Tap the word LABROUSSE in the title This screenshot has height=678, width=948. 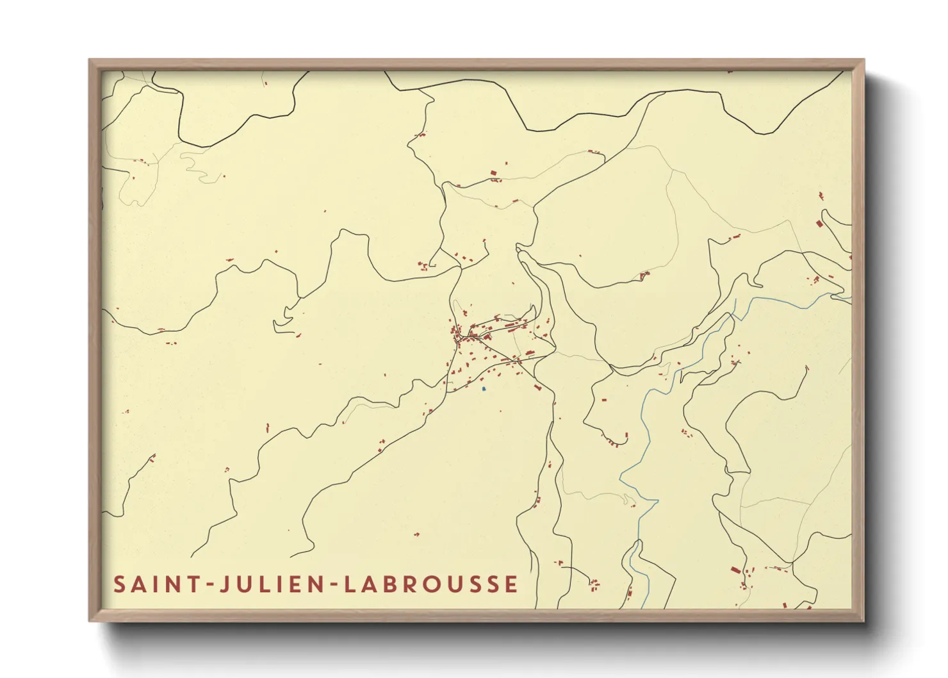click(431, 584)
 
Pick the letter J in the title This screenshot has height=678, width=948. click(224, 584)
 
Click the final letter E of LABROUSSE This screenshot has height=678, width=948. click(511, 584)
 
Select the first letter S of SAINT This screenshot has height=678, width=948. click(119, 584)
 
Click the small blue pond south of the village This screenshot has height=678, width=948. click(484, 388)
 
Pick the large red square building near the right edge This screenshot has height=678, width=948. click(819, 223)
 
